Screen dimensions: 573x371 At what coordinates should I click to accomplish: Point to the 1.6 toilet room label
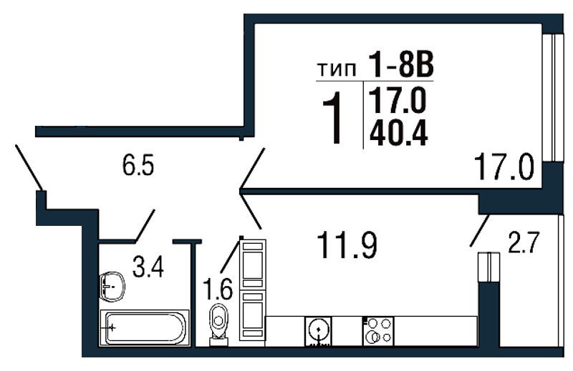[218, 289]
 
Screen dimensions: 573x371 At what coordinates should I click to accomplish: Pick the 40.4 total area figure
[398, 133]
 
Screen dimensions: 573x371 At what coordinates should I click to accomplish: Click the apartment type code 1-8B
[401, 65]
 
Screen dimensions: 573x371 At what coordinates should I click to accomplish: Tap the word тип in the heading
[336, 69]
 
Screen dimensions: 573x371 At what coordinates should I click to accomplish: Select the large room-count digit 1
[334, 118]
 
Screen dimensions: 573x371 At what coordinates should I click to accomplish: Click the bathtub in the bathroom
[145, 327]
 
